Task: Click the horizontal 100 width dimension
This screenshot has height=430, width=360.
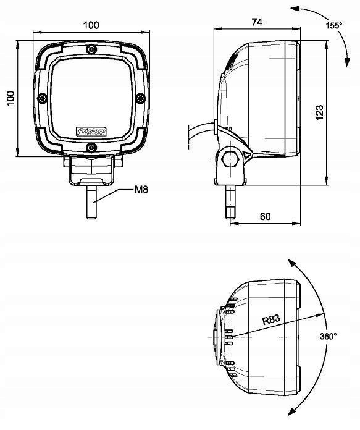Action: [x=91, y=25]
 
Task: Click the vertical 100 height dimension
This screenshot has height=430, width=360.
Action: [x=10, y=98]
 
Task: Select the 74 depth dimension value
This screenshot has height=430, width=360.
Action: [x=257, y=22]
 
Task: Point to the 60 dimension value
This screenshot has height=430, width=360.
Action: [x=265, y=216]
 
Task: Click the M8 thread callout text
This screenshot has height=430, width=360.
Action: [x=142, y=190]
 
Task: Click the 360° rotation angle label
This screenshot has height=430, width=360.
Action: [x=329, y=336]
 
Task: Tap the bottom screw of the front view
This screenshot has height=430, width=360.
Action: [x=91, y=146]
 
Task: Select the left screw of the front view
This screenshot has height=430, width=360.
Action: [x=42, y=98]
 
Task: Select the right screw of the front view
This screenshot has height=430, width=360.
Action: [x=140, y=98]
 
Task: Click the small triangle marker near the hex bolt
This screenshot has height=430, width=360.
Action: [x=246, y=155]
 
